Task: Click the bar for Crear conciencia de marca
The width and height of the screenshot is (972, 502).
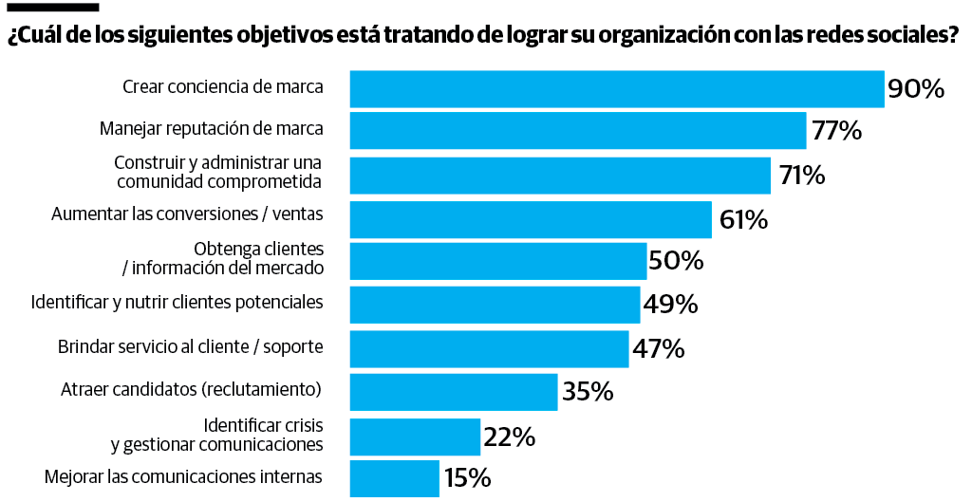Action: tap(617, 88)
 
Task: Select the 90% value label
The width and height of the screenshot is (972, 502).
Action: tap(916, 89)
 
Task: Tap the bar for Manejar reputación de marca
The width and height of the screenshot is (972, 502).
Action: tap(578, 131)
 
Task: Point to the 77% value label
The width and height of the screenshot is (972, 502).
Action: tap(836, 131)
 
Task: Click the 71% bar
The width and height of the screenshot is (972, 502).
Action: tap(560, 176)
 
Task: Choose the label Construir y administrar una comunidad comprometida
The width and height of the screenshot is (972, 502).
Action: tap(218, 172)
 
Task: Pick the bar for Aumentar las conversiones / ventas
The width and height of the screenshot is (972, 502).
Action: tap(531, 219)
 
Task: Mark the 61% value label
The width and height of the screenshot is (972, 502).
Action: tap(743, 220)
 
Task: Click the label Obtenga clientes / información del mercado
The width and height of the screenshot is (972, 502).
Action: tap(223, 258)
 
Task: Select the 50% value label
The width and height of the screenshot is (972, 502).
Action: tap(676, 260)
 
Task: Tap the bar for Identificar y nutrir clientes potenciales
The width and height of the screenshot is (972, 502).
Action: tap(495, 305)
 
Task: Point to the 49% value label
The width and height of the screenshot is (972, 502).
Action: tap(670, 305)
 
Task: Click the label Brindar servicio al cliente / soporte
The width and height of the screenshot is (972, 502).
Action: tap(191, 346)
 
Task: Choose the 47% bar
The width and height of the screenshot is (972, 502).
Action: tap(489, 348)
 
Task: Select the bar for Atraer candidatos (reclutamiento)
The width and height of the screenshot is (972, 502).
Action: tap(453, 391)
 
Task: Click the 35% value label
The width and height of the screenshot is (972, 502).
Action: tap(588, 391)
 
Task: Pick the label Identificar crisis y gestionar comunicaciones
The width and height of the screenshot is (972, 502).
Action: tap(217, 434)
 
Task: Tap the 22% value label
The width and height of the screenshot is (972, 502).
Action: tap(510, 437)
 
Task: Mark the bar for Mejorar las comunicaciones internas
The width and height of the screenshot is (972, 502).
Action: tap(395, 478)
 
